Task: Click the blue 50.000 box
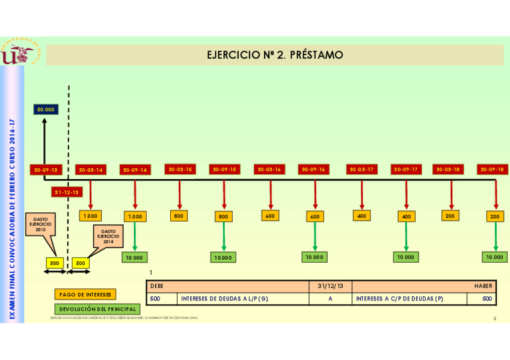pos(45,109)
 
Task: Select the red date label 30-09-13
pos(46,170)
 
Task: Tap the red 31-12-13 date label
pos(66,192)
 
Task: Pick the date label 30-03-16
pos(269,169)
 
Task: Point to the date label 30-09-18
pos(493,169)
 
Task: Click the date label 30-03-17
pos(361,169)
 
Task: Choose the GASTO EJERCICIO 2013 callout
pos(41,225)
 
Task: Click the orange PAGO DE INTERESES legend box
pos(85,294)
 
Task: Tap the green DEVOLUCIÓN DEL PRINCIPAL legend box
pos(97,309)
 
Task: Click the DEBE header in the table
pos(156,287)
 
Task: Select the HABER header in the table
pos(482,287)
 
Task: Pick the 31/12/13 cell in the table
pos(330,287)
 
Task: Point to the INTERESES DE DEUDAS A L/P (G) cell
pos(224,299)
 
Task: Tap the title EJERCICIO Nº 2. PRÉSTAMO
pos(275,55)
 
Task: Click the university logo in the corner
pos(17,52)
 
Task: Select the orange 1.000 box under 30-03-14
pos(90,216)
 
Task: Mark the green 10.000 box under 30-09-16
pos(315,257)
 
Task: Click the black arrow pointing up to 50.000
pos(45,141)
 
